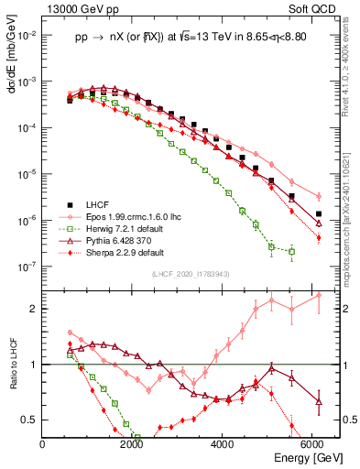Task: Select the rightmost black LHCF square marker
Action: click(x=319, y=214)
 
